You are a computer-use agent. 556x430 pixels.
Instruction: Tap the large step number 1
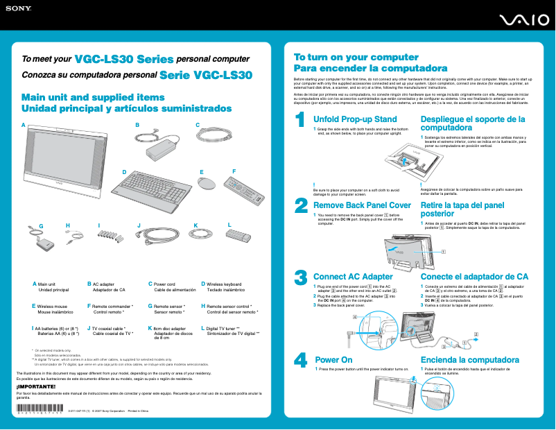[301, 121]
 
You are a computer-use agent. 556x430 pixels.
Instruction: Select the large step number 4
[301, 360]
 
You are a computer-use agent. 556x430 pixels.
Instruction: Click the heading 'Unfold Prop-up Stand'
[356, 119]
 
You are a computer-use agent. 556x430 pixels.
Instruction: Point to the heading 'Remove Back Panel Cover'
[363, 205]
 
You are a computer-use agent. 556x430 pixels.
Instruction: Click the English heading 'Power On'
[334, 360]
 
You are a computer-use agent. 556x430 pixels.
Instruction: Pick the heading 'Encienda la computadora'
[470, 360]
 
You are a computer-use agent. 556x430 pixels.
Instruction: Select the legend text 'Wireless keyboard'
[224, 284]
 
